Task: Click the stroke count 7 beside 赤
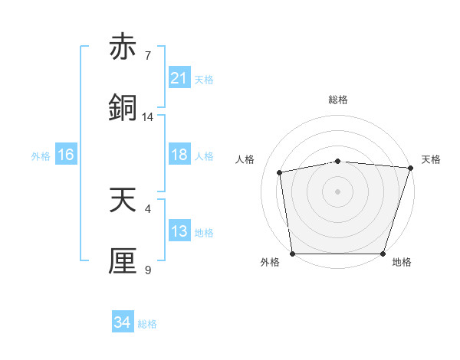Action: point(148,56)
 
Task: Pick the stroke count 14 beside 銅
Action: point(148,117)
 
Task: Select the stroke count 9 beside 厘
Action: point(148,270)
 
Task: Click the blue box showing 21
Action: point(179,78)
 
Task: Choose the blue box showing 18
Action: point(179,155)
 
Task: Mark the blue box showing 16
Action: point(65,155)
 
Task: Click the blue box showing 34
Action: point(122,323)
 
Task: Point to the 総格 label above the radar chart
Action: point(338,100)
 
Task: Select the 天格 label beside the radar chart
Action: point(431,159)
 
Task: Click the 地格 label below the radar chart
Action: point(402,263)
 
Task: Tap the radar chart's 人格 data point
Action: point(281,172)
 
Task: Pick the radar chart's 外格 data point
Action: point(292,254)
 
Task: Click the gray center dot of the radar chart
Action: point(337,191)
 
